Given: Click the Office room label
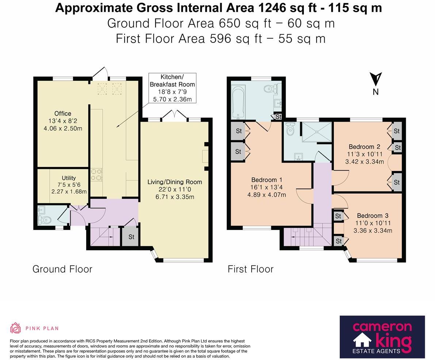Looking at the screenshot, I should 63,114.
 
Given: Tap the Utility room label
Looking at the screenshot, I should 69,178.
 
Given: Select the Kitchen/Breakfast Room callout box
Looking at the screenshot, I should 172,88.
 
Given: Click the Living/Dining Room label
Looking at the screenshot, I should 175,182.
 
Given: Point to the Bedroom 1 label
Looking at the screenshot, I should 267,180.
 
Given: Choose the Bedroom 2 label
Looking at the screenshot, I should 364,147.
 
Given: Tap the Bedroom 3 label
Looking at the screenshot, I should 373,216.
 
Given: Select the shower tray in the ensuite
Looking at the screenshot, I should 316,131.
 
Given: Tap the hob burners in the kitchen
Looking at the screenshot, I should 96,174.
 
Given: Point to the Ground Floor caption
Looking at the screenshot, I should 62,269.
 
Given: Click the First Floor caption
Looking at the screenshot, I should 251,269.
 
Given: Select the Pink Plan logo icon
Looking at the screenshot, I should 15,328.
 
